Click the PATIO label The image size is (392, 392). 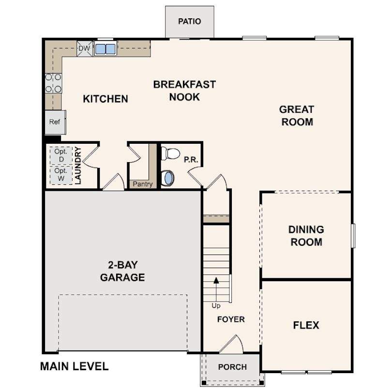coord(189,21)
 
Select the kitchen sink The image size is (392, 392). coord(106,49)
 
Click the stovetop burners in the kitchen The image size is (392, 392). coord(53,83)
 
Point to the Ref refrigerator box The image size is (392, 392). coord(55,122)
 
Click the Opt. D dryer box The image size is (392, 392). coord(61,155)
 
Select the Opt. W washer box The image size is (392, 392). coord(61,175)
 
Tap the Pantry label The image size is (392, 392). coord(143,184)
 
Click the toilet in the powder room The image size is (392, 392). coord(169,154)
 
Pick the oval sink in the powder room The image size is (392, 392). coord(168,178)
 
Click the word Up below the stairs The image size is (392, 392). coord(216,306)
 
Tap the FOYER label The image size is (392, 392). coord(230,319)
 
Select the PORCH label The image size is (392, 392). coord(232,367)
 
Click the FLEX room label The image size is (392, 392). coord(306,325)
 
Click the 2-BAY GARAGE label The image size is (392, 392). coord(122,271)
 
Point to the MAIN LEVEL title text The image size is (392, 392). coord(74,366)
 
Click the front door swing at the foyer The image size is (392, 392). coord(231,343)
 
